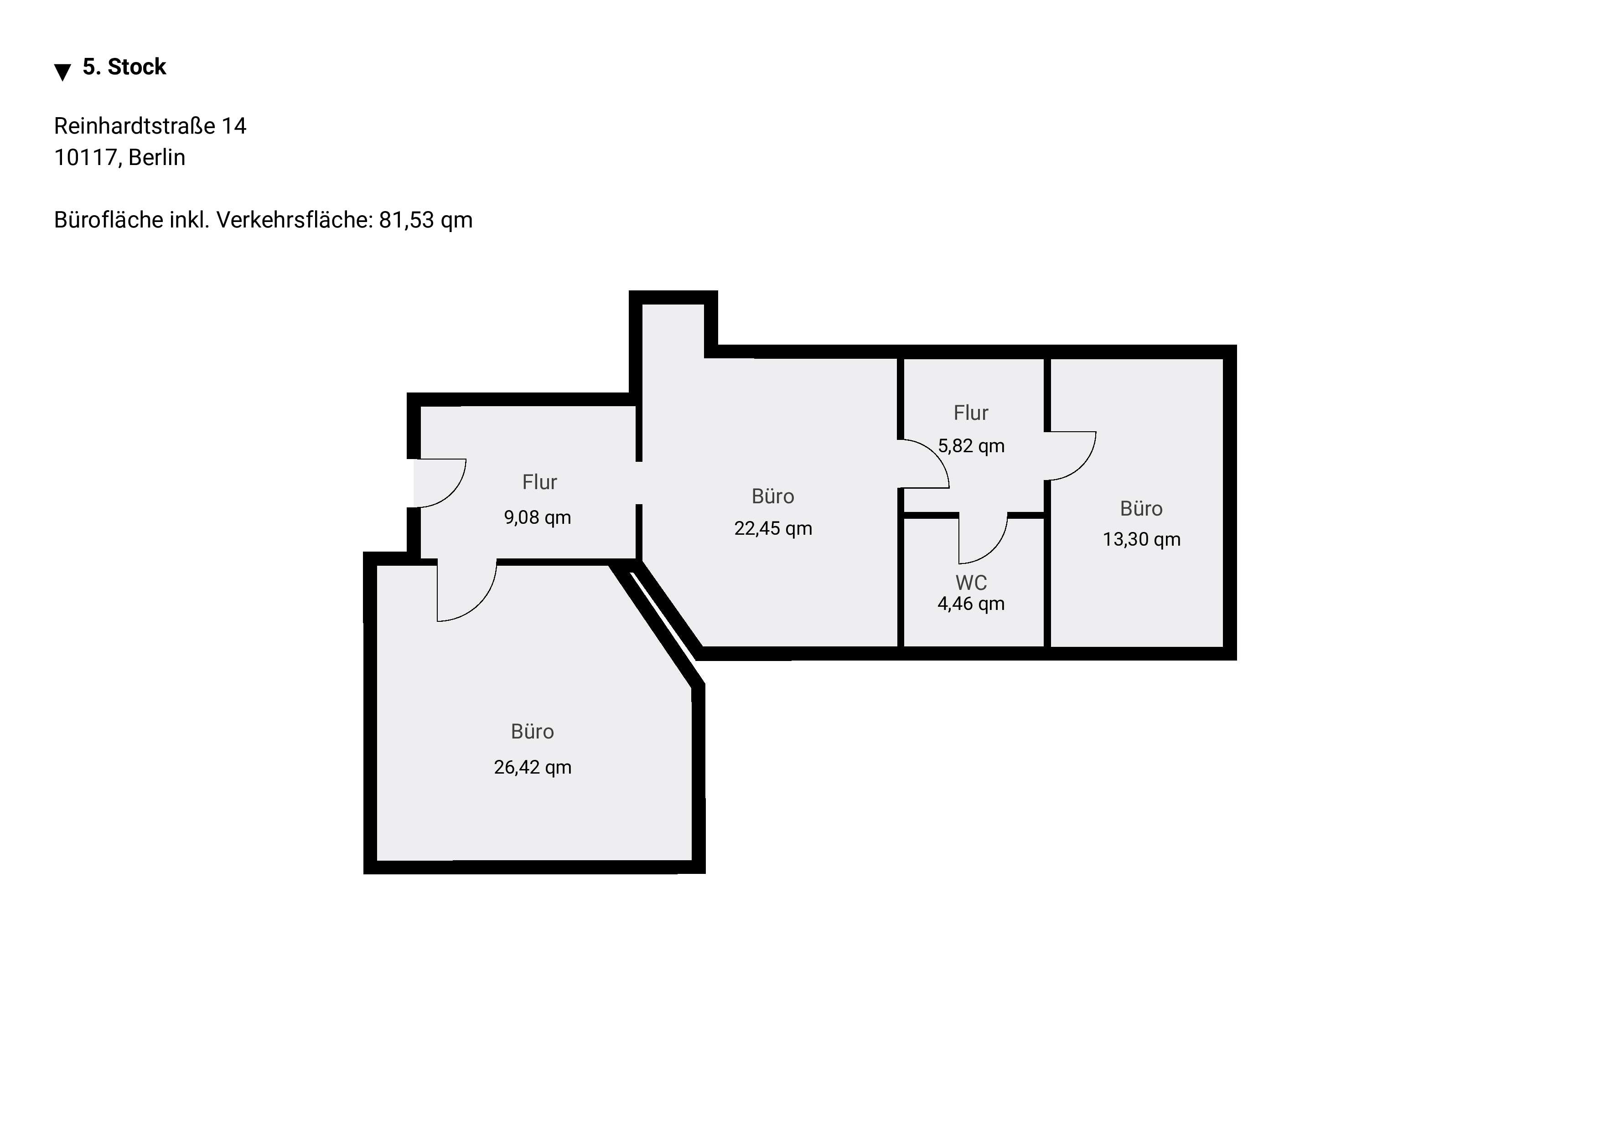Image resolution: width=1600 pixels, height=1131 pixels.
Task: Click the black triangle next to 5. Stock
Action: [x=63, y=72]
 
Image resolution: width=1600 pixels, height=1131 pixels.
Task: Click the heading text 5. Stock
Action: [x=124, y=67]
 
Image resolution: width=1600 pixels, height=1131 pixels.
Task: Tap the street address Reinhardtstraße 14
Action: [x=150, y=126]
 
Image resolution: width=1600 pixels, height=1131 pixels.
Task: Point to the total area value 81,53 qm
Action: [x=426, y=220]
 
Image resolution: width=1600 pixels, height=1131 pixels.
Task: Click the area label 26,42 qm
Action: [x=533, y=767]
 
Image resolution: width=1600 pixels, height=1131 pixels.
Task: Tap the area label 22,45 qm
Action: [x=773, y=528]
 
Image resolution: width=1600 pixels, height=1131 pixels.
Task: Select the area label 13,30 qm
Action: [x=1141, y=539]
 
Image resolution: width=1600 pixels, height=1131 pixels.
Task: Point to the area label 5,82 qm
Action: [x=971, y=446]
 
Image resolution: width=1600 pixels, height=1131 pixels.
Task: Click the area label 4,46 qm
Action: [x=971, y=604]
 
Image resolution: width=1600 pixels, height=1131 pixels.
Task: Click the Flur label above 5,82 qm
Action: [x=971, y=413]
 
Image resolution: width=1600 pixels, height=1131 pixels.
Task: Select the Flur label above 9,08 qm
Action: [x=539, y=482]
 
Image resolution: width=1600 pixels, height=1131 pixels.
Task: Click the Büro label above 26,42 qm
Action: [x=533, y=731]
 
